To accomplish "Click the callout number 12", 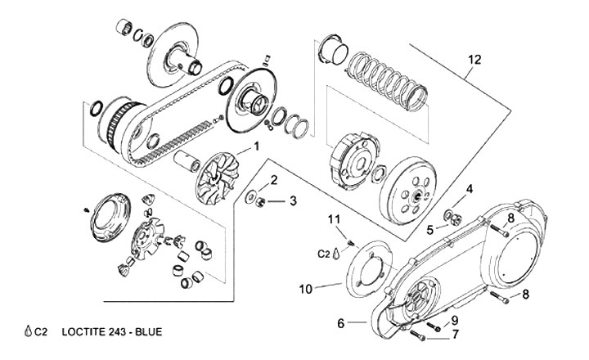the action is (474, 60).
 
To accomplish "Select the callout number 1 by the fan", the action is (257, 146).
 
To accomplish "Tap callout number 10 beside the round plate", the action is (306, 290).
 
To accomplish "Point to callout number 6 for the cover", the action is (340, 323).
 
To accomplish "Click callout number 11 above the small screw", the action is (334, 218).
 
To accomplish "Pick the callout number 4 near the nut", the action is (470, 189).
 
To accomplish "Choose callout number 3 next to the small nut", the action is (293, 200).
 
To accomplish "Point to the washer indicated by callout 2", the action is (250, 197).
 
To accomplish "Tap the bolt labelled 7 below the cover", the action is (417, 335).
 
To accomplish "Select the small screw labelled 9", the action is (434, 326).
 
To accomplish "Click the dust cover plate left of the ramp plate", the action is (110, 217).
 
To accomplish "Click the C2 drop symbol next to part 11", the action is (336, 254).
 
